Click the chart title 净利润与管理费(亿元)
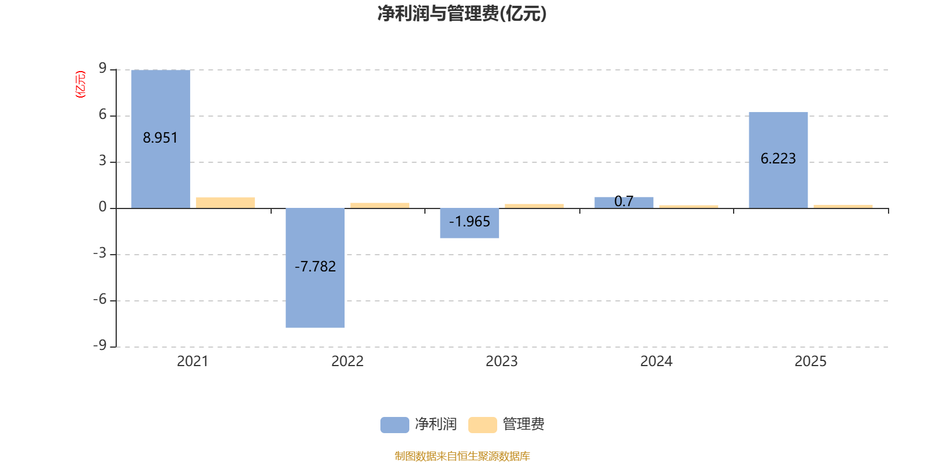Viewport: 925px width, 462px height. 462,13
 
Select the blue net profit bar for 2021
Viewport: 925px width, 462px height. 161,139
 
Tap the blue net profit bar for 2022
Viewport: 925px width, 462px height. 315,268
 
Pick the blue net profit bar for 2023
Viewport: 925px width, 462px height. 469,223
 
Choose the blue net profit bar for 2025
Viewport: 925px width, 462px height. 778,160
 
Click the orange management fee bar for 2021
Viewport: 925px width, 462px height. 225,203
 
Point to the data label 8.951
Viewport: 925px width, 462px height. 160,138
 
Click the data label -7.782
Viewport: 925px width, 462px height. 315,266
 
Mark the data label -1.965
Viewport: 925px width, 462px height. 469,222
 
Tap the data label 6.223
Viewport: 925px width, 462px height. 778,158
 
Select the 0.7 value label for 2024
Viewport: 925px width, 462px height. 624,202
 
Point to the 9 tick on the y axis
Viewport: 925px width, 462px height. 102,68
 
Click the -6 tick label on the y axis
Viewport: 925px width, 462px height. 100,300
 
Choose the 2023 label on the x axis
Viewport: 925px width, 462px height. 502,362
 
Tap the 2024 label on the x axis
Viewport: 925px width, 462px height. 656,362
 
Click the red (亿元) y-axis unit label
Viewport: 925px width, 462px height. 80,84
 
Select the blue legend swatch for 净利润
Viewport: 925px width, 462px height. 395,425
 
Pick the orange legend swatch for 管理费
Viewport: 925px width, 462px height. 483,425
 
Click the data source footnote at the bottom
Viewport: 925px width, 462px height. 462,456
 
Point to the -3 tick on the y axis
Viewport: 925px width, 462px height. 100,254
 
